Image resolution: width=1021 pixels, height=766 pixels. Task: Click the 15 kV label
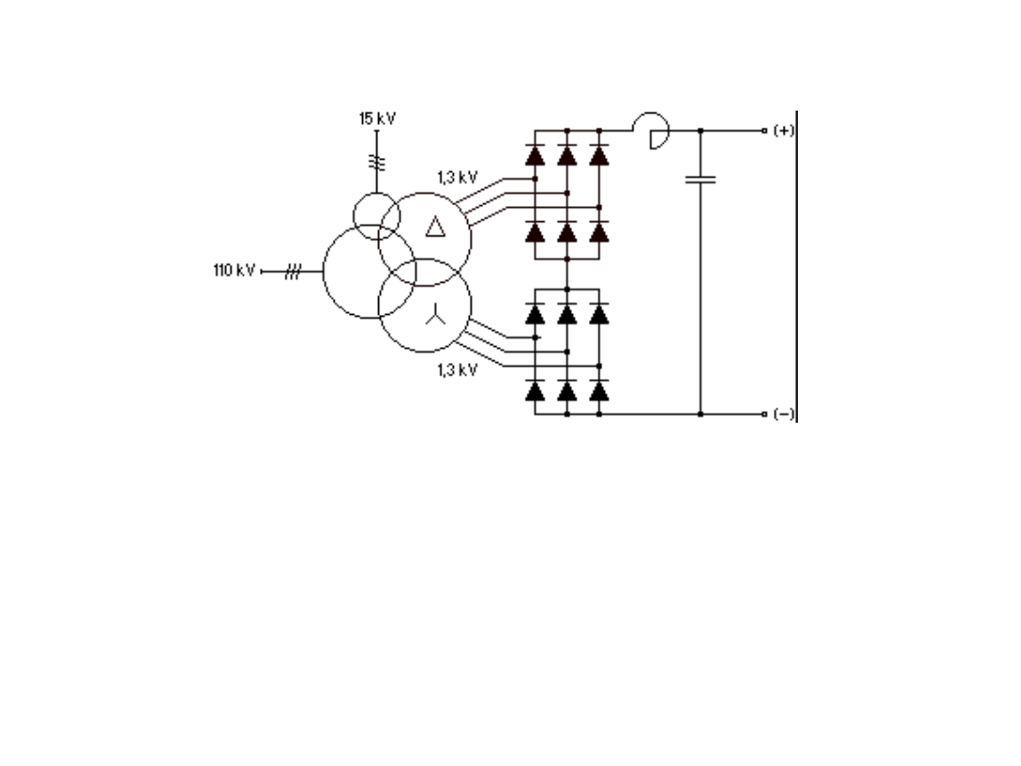point(376,118)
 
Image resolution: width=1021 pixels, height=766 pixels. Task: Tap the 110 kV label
point(234,271)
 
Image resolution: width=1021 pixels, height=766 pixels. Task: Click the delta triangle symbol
point(434,226)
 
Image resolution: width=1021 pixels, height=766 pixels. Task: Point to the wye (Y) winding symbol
point(434,318)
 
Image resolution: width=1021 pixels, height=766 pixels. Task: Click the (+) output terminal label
point(784,131)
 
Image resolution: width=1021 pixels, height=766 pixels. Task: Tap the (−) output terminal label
point(784,414)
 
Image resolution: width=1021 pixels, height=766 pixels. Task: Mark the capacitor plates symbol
point(701,179)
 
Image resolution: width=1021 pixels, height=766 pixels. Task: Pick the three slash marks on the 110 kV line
point(292,272)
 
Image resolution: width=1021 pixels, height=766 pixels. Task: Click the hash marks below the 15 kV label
point(376,162)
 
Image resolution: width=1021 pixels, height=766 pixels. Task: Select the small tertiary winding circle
point(376,215)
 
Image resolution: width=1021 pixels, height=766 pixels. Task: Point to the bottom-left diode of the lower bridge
point(535,390)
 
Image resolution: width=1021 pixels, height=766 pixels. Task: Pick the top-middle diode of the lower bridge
point(566,313)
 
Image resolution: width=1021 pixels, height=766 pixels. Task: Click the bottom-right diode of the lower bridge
point(598,390)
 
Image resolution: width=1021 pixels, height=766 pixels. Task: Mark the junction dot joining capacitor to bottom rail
point(701,414)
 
